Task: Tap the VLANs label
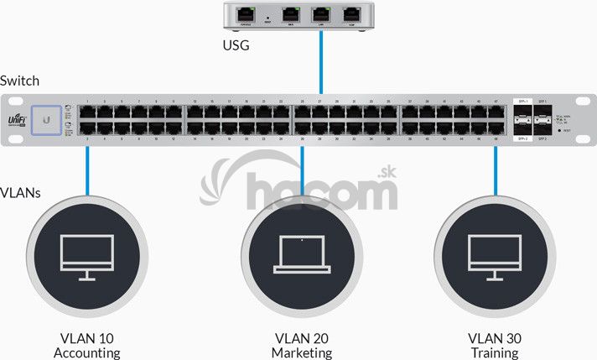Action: point(21,193)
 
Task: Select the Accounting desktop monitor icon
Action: point(86,256)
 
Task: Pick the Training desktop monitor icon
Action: point(495,256)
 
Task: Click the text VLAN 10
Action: point(87,338)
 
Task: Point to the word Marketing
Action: point(302,353)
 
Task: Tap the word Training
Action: point(495,353)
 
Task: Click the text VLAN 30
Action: point(495,338)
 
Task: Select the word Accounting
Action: point(87,353)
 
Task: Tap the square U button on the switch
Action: point(45,120)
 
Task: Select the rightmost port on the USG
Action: point(350,14)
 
